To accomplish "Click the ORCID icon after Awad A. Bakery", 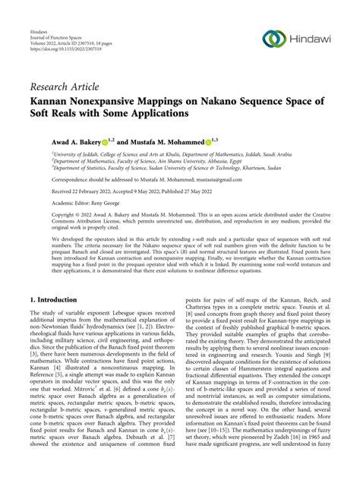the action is point(96,141).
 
